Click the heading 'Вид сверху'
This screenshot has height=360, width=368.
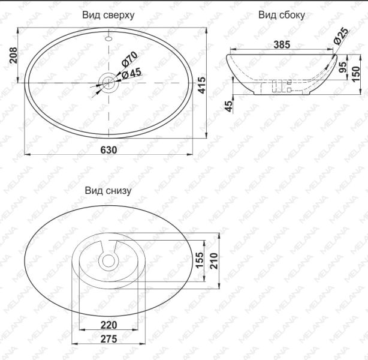108,15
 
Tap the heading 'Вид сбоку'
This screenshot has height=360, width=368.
282,15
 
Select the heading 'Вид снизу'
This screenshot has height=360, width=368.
108,190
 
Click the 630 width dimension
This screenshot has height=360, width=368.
108,150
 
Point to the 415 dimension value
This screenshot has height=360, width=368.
201,85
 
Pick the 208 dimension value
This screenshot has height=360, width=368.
13,55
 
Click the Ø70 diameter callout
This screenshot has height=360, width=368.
129,59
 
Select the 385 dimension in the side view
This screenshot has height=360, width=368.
282,44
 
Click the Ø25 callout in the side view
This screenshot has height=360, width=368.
341,36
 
